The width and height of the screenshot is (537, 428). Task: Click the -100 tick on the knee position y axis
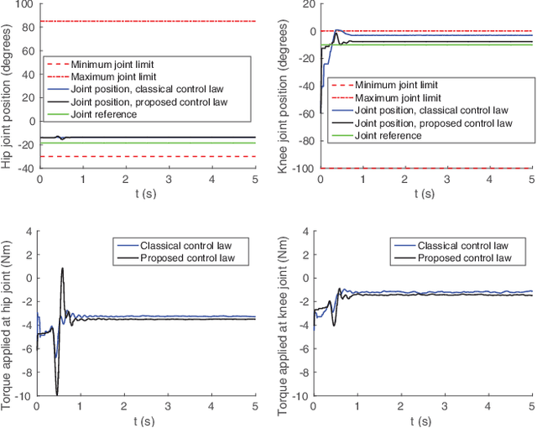click(295, 169)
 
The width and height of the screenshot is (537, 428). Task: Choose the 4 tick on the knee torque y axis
click(303, 232)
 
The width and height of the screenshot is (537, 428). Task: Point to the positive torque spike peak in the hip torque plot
click(62, 269)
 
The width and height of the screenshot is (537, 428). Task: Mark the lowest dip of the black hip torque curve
click(56, 394)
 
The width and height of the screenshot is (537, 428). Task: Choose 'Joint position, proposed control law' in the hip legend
click(149, 102)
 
